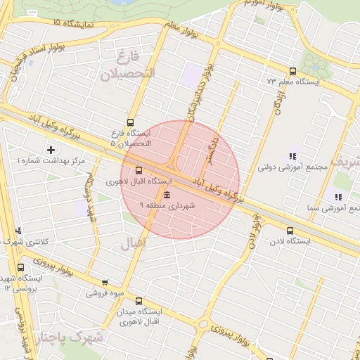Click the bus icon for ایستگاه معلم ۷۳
click(292, 71)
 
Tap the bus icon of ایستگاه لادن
click(290, 230)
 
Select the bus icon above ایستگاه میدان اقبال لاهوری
click(138, 300)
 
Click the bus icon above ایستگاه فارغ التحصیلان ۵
click(130, 122)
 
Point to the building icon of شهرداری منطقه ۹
click(167, 195)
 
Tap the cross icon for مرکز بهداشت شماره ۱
click(51, 149)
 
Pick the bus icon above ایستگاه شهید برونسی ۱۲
click(20, 268)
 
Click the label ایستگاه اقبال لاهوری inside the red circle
click(133, 181)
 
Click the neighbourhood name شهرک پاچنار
click(70, 338)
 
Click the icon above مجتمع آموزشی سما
click(338, 198)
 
